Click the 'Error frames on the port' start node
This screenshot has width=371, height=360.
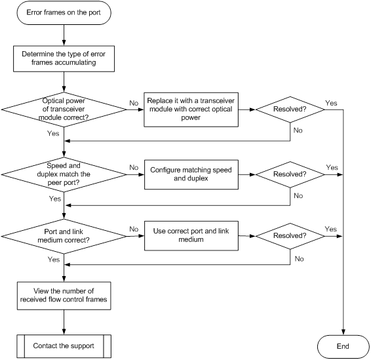(64, 12)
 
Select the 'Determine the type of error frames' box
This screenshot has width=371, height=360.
(64, 59)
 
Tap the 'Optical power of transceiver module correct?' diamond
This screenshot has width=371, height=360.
(64, 110)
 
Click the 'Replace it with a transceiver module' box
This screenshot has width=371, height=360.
(191, 110)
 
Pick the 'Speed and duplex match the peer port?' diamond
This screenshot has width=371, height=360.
(64, 174)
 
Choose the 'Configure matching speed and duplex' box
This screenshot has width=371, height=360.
(191, 174)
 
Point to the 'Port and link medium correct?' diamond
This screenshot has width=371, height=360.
(64, 236)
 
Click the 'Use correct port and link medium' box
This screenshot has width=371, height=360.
(191, 236)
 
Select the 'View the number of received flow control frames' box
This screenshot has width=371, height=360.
(64, 296)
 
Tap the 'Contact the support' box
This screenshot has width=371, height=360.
(64, 346)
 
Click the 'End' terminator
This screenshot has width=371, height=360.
(343, 346)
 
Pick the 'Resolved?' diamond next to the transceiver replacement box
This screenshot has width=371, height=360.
(290, 110)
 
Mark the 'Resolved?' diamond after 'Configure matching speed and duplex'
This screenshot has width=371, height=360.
(290, 174)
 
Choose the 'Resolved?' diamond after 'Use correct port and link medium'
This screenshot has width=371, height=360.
(290, 236)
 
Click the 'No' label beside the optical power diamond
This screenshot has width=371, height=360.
(134, 103)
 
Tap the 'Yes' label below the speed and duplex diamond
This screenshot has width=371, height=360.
(55, 199)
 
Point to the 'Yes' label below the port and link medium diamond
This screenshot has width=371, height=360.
(54, 260)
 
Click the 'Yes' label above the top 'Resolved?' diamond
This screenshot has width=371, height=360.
(331, 103)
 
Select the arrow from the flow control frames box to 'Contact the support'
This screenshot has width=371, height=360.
(64, 322)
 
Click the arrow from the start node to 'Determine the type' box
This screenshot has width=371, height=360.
(64, 35)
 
